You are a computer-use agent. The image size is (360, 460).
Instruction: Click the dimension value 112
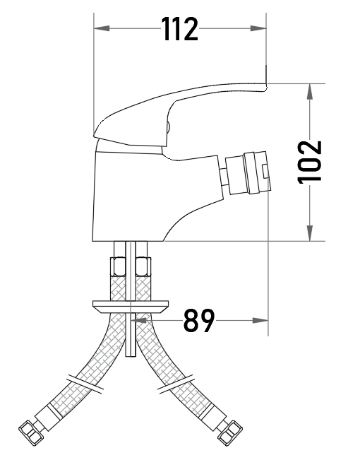point(180,28)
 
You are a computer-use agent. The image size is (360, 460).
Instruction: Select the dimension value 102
point(310,163)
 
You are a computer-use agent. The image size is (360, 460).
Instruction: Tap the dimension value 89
point(199,320)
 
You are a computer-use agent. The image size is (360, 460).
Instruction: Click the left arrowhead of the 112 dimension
point(102,28)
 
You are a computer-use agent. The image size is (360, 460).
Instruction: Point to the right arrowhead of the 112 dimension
point(258,28)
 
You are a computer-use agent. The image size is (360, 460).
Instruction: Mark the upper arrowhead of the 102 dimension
point(310,92)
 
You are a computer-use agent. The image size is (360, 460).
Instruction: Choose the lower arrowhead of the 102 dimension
point(310,233)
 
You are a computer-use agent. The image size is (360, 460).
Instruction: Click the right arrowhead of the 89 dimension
point(260,320)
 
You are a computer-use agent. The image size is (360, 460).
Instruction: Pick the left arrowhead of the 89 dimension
point(138,320)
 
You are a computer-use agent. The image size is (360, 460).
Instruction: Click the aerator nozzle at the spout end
point(248,173)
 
